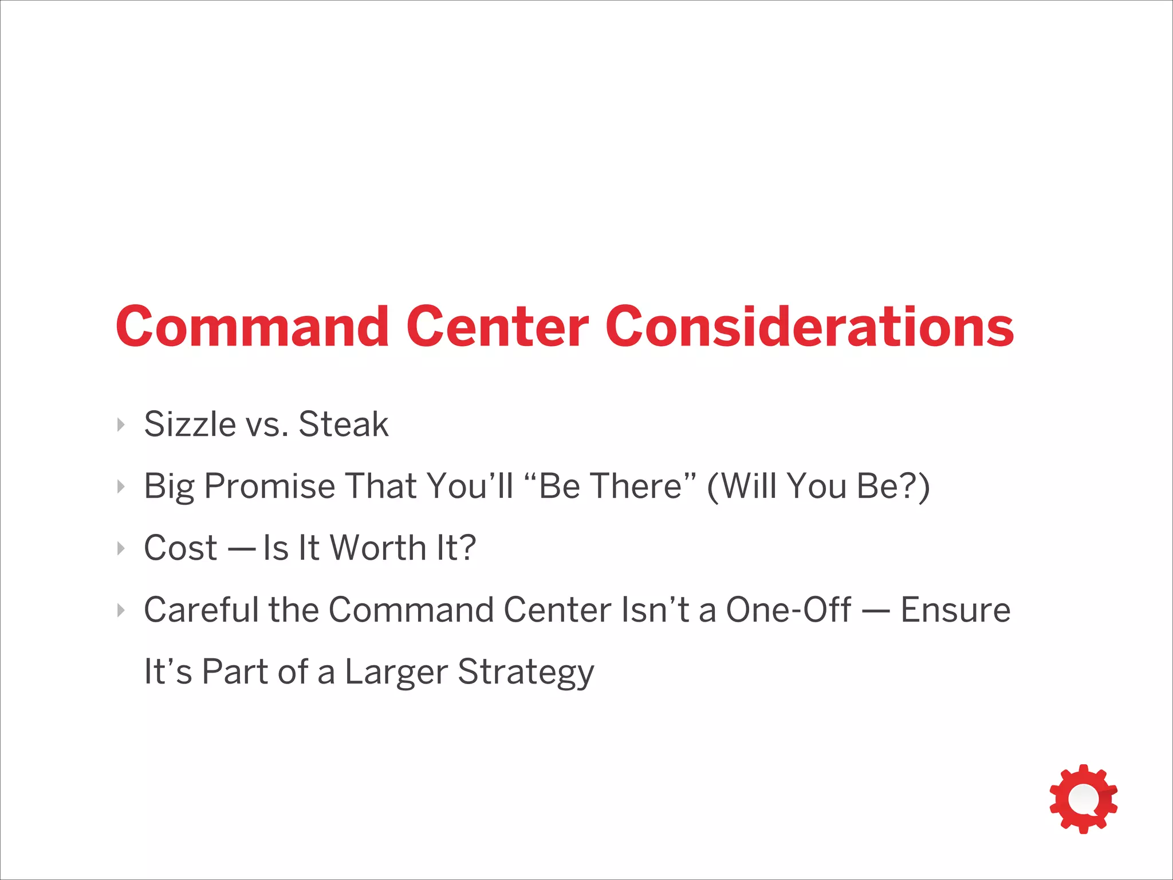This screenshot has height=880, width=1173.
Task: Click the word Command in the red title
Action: [253, 327]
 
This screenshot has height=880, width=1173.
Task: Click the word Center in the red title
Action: [497, 327]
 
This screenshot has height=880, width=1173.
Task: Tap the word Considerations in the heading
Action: [809, 327]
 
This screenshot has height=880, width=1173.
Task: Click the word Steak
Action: [343, 425]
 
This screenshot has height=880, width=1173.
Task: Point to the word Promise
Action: [270, 486]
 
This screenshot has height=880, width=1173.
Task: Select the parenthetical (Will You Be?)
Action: [818, 486]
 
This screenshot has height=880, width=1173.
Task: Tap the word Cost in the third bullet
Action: [180, 548]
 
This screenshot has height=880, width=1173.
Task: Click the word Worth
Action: [379, 548]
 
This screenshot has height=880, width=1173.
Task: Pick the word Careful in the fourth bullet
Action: [201, 610]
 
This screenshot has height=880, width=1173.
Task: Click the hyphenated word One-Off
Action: [788, 610]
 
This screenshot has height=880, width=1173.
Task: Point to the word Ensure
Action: [955, 610]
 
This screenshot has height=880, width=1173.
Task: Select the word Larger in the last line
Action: [396, 671]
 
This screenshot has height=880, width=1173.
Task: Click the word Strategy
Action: [526, 673]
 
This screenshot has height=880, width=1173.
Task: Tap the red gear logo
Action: [1083, 799]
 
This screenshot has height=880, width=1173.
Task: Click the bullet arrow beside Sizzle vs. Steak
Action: [121, 425]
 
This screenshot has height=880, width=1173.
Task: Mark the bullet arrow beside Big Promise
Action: [121, 486]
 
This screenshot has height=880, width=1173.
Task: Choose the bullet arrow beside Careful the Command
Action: [121, 610]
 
